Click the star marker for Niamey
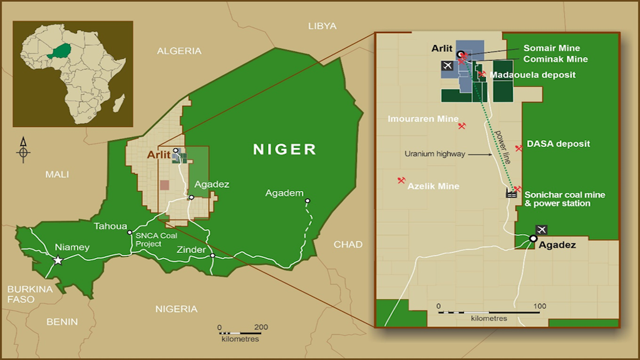pos(58,260)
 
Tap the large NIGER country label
pos(285,149)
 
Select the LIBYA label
pos(323,26)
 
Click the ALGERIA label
pos(179,51)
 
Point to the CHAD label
pos(348,244)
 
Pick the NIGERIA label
pos(176,309)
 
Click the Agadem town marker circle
pos(307,201)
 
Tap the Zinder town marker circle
pos(212,255)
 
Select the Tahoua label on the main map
pos(110,227)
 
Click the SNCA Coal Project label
pos(156,240)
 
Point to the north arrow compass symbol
pos(23,150)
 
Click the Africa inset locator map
pos(73,74)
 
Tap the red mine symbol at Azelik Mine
pos(401,180)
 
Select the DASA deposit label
pos(559,143)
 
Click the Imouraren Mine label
pos(423,119)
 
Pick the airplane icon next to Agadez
pos(541,229)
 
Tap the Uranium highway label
pos(435,154)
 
